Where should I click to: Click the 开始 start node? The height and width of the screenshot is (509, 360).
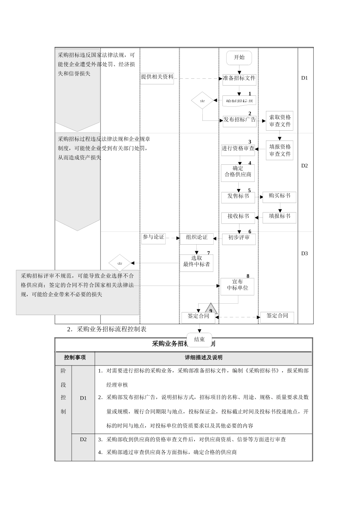pos(239,58)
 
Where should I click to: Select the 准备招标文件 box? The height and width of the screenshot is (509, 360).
pos(239,78)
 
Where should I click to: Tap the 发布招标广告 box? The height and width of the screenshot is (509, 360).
pos(239,120)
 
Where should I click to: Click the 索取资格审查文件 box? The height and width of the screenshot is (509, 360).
pos(280,121)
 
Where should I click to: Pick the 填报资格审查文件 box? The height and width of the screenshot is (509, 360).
pos(280,150)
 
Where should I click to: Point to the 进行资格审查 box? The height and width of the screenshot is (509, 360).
pos(238,149)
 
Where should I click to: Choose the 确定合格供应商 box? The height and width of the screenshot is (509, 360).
pos(238,172)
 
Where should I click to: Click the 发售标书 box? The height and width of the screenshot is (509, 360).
pos(238,197)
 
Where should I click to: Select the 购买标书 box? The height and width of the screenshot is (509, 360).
pos(279,196)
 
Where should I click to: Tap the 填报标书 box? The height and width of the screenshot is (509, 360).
pos(279,217)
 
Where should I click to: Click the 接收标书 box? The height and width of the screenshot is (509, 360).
pos(238,217)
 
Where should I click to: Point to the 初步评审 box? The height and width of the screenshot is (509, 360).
pos(239,238)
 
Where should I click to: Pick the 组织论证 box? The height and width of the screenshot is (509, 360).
pos(197,238)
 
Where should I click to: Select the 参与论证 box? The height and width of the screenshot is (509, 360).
pos(153,237)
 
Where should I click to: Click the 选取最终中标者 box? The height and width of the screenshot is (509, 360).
pos(196,262)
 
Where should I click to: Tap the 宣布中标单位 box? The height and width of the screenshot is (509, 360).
pos(238,285)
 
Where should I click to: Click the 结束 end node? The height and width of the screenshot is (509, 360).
pos(199,339)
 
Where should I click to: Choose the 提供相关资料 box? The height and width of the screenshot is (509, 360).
pos(157,77)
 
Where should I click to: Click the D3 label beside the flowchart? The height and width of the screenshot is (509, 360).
pos(305,254)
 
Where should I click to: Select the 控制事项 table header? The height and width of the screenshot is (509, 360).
pos(75,358)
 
